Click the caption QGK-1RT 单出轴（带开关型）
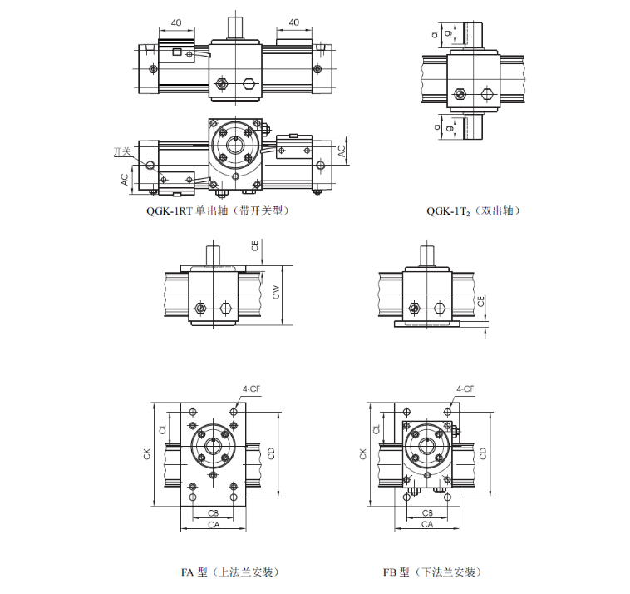point(218,210)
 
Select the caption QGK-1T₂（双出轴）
point(473,210)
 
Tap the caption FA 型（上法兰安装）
point(230,572)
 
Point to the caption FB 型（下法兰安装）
point(432,572)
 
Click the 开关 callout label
point(122,151)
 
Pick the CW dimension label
point(276,292)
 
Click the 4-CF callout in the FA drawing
point(251,389)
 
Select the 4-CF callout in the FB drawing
point(465,389)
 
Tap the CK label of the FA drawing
point(146,454)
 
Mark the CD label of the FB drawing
point(483,453)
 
